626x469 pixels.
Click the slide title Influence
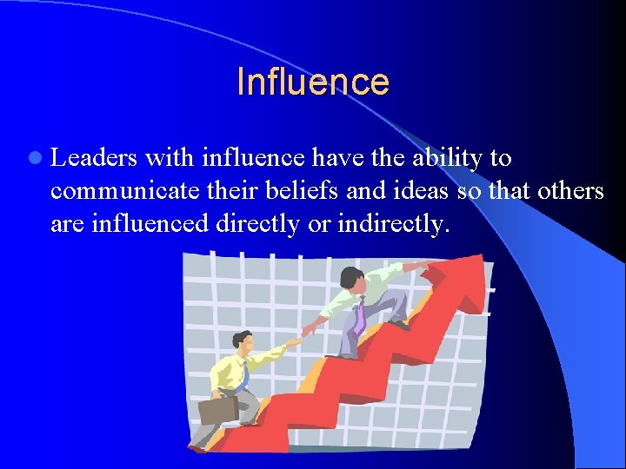pos(312,82)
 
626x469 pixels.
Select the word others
pos(570,191)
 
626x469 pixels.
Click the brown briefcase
pos(218,408)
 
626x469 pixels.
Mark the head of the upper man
pos(352,280)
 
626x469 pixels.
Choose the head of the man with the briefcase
pos(242,341)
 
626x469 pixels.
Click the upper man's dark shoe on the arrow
pos(399,325)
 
